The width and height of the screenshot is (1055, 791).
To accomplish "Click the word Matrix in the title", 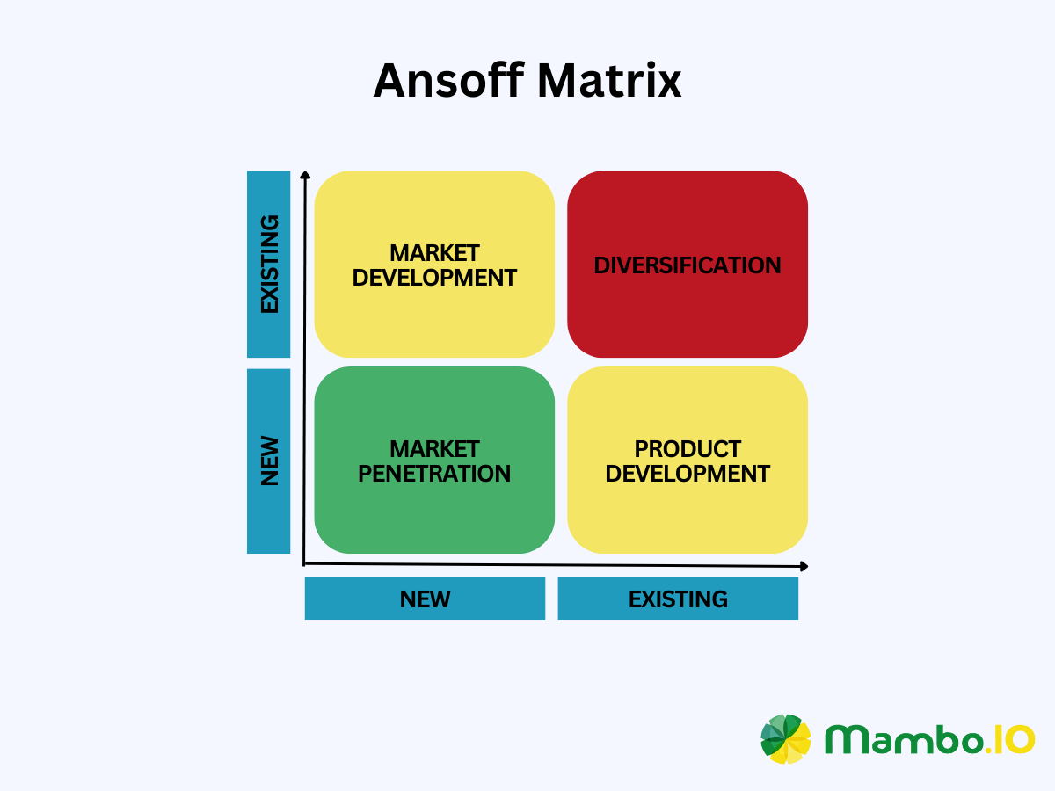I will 610,81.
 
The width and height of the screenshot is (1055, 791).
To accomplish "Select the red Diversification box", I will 688,265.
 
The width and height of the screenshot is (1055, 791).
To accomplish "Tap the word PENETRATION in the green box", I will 434,474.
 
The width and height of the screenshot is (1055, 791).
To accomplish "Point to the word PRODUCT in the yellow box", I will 688,449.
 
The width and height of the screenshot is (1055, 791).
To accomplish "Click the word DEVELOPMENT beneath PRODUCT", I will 688,474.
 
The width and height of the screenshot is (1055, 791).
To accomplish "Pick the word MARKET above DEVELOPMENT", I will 434,253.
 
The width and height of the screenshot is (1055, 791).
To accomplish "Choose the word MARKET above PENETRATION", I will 434,449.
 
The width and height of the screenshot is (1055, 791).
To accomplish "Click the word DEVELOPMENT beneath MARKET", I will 434,278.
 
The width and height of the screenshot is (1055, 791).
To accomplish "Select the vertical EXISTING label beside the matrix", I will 269,264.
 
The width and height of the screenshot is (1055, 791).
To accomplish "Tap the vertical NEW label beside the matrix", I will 269,461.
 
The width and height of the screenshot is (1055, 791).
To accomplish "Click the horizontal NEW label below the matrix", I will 425,599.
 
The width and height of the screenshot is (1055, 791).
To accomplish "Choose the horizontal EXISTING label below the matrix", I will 678,599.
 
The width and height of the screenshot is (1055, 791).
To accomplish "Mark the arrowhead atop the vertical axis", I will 304,176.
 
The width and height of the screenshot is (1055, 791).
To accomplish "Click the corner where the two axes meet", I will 304,563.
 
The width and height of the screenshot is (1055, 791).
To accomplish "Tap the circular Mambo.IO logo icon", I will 786,738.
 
